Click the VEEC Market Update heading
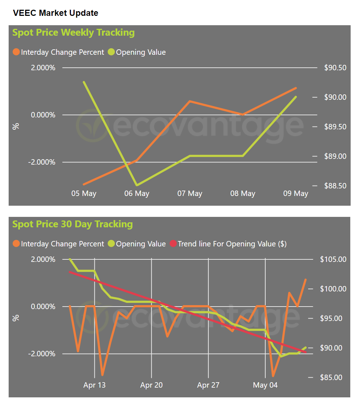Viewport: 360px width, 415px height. [x=55, y=13]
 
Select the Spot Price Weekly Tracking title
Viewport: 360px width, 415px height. [x=73, y=32]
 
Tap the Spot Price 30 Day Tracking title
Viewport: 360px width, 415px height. [x=72, y=224]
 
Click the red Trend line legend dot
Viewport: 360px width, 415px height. [x=173, y=244]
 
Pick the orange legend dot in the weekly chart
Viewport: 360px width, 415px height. [x=16, y=52]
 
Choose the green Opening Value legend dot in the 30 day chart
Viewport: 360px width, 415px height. [x=111, y=244]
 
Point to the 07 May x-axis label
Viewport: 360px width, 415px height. [x=190, y=193]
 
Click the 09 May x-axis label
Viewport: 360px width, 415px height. [x=296, y=193]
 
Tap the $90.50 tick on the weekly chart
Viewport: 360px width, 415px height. [x=336, y=68]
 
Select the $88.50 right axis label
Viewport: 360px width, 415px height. [x=336, y=186]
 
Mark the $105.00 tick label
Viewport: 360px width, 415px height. [x=333, y=259]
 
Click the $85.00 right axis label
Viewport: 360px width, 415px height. [x=331, y=378]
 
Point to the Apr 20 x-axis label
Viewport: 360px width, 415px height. [x=152, y=385]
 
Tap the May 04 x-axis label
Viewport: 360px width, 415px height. [x=265, y=385]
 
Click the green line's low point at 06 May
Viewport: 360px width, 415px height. [x=137, y=185]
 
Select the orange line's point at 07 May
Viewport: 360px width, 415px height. [x=190, y=101]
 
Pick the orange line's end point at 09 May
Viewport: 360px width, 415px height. [x=296, y=88]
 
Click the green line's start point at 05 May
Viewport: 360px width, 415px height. [x=84, y=82]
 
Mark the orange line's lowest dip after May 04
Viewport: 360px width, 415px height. [x=273, y=376]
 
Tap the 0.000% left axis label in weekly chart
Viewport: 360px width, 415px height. [x=43, y=115]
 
